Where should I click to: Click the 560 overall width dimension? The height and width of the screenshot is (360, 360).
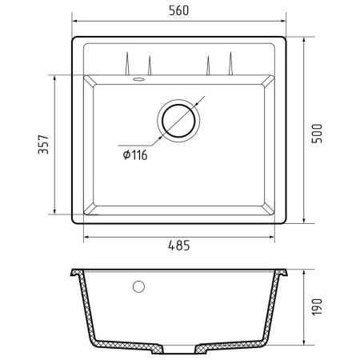[x=179, y=11]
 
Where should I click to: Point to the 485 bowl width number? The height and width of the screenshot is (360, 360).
[x=178, y=246]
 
